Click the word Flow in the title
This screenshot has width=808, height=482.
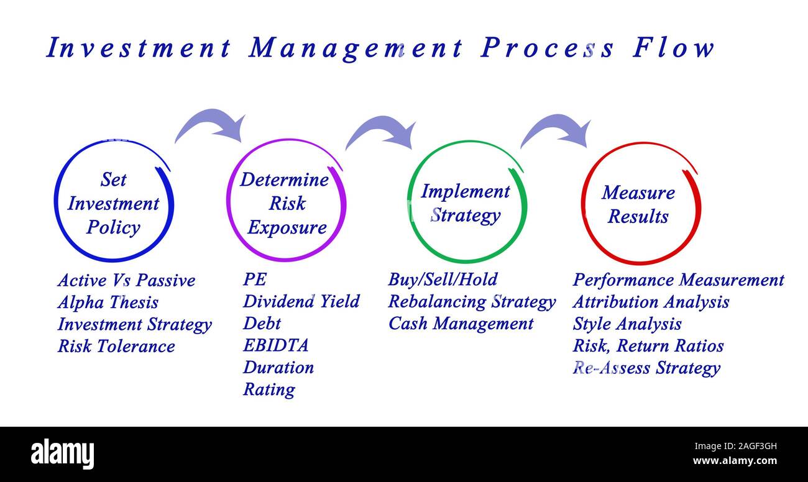[x=674, y=48]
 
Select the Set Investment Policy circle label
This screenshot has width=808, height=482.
[x=113, y=204]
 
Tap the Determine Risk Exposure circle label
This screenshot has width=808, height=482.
[x=285, y=204]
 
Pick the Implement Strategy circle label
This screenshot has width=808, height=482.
[x=465, y=204]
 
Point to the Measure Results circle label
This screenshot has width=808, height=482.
[x=638, y=204]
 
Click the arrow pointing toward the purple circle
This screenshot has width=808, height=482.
[x=211, y=124]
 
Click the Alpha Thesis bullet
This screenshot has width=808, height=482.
[x=108, y=302]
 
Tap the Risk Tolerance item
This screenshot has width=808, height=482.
[x=116, y=346]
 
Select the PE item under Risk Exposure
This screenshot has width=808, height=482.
[x=254, y=280]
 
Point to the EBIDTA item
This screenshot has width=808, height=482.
[x=275, y=345]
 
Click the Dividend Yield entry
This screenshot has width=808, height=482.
[x=301, y=302]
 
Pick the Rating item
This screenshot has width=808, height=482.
[x=269, y=389]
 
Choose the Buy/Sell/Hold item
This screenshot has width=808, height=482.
[x=443, y=280]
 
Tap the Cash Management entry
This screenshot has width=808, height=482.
[x=461, y=324]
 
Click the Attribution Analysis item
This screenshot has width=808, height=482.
[x=650, y=302]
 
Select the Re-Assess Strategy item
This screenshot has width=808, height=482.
[x=646, y=368]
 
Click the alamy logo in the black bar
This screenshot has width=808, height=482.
[x=63, y=453]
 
